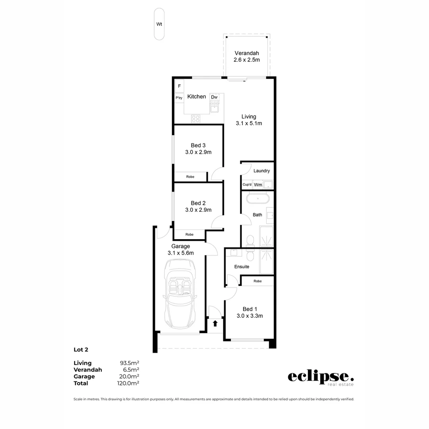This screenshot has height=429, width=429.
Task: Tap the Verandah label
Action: pyautogui.click(x=247, y=53)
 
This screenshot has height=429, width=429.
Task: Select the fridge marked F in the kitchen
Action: pyautogui.click(x=179, y=86)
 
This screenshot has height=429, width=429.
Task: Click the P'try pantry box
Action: pyautogui.click(x=179, y=97)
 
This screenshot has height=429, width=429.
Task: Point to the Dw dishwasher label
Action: pyautogui.click(x=214, y=97)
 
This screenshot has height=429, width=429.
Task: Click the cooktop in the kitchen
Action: pyautogui.click(x=195, y=118)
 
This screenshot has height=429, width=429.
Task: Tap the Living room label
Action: pyautogui.click(x=249, y=117)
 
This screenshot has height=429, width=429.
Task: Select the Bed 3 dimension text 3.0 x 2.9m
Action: pyautogui.click(x=198, y=152)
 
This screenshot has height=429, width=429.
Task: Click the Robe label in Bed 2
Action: pyautogui.click(x=189, y=234)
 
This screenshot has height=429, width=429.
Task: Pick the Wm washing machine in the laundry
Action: pyautogui.click(x=258, y=185)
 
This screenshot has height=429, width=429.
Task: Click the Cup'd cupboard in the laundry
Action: pyautogui.click(x=247, y=185)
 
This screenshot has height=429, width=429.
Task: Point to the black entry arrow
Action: pyautogui.click(x=215, y=323)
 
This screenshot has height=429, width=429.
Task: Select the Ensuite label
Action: pyautogui.click(x=242, y=267)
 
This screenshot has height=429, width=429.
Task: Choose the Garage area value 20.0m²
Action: pyautogui.click(x=129, y=377)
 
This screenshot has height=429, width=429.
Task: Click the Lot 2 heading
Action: pyautogui.click(x=81, y=350)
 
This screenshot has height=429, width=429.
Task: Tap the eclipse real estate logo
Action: pyautogui.click(x=321, y=377)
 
